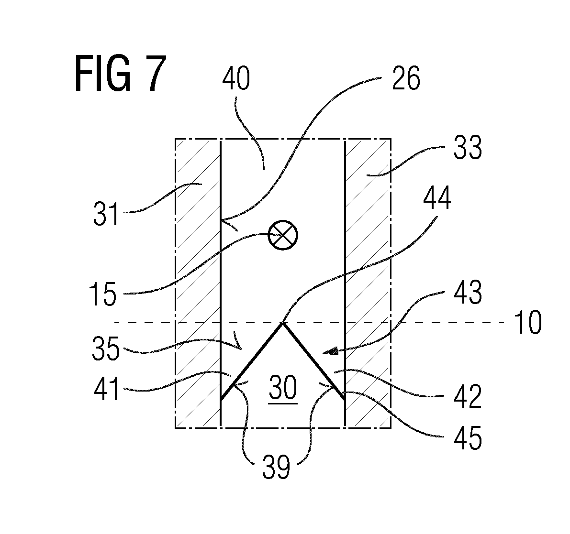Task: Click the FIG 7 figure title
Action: pyautogui.click(x=121, y=74)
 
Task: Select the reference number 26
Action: pyautogui.click(x=406, y=78)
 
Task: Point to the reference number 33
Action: pyautogui.click(x=468, y=148)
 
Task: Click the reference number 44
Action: pyautogui.click(x=437, y=198)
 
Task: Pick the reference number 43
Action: pyautogui.click(x=468, y=292)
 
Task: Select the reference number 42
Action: pyautogui.click(x=468, y=397)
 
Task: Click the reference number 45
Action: pyautogui.click(x=468, y=438)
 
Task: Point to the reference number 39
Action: pyautogui.click(x=276, y=467)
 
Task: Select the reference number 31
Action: pyautogui.click(x=106, y=214)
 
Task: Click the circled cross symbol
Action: pyautogui.click(x=283, y=235)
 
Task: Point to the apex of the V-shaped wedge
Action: pyautogui.click(x=283, y=323)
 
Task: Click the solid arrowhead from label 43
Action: pyautogui.click(x=330, y=351)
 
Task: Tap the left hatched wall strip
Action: pyautogui.click(x=199, y=283)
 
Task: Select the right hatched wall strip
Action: pyautogui.click(x=368, y=283)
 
